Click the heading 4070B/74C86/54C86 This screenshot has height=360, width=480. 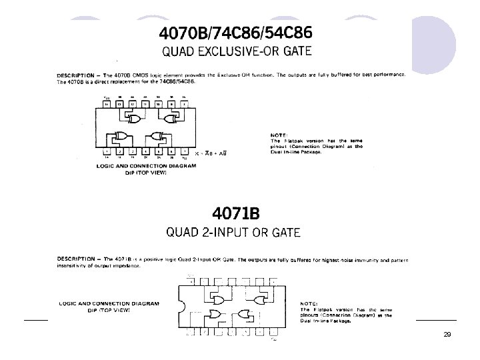[x=233, y=33]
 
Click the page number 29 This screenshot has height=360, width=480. [x=447, y=333]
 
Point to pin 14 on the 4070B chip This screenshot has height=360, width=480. [x=107, y=105]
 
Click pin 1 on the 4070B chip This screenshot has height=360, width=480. [x=107, y=151]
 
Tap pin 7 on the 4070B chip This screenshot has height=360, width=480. [x=183, y=151]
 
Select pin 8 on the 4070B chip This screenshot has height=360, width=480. [x=183, y=105]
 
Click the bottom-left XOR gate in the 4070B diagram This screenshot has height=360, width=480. [x=121, y=137]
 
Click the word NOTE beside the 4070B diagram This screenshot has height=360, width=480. [x=279, y=135]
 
